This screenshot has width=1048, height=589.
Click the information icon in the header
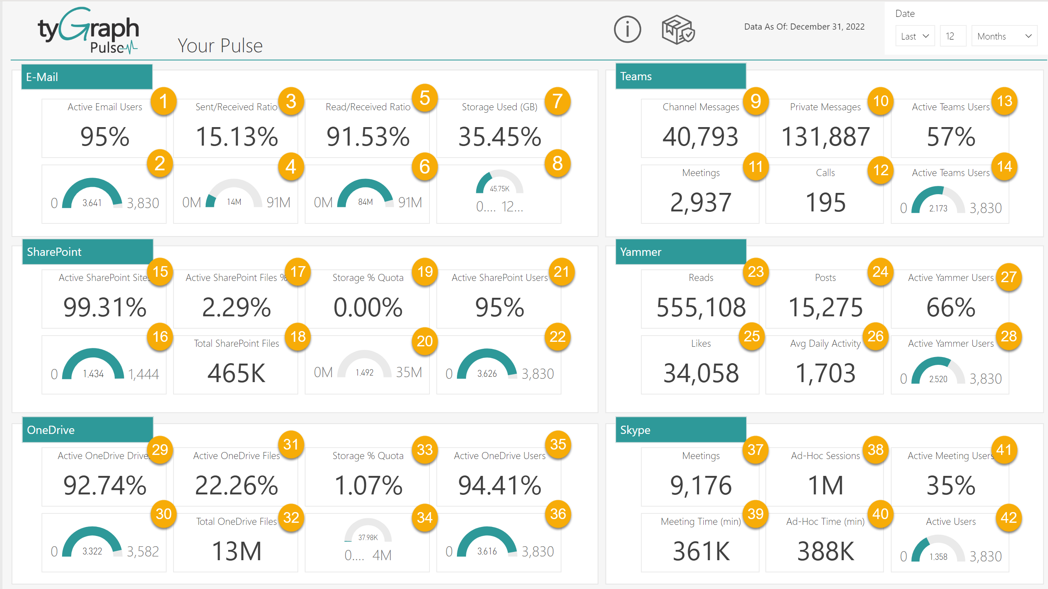[x=627, y=29]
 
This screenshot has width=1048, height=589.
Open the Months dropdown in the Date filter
[x=1004, y=36]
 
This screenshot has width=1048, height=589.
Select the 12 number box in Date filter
[x=952, y=36]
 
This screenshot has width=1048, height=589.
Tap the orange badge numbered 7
[x=557, y=101]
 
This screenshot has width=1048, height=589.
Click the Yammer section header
[x=680, y=252]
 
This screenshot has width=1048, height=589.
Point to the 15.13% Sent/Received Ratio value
[x=236, y=137]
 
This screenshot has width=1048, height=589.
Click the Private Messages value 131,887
[x=825, y=137]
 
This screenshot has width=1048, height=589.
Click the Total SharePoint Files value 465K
[x=236, y=373]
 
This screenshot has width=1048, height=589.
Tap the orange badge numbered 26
[x=875, y=336]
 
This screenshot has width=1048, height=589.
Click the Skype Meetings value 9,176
[x=701, y=485]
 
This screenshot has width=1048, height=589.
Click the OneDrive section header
[x=87, y=430]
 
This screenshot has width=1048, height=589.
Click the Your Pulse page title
[x=220, y=46]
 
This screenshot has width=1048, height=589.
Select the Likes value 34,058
[x=701, y=373]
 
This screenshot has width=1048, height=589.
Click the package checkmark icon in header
[x=678, y=30]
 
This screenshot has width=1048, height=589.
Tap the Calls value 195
[x=825, y=202]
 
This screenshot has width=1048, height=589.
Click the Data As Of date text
[x=804, y=27]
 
